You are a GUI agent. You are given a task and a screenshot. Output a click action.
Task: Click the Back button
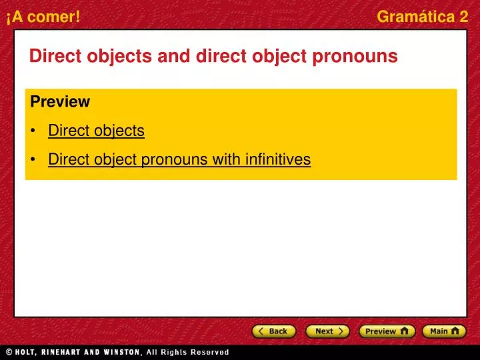pyautogui.click(x=274, y=331)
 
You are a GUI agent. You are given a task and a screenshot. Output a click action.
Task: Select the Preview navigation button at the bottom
pyautogui.click(x=386, y=331)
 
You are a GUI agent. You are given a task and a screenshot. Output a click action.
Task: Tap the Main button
pyautogui.click(x=444, y=331)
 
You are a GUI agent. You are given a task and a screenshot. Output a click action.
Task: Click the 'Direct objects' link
pyautogui.click(x=96, y=131)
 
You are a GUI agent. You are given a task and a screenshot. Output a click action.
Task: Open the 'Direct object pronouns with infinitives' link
pyautogui.click(x=179, y=159)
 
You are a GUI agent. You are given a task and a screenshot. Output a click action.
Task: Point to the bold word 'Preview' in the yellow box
pyautogui.click(x=60, y=102)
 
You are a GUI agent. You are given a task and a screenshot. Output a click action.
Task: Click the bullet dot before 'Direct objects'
pyautogui.click(x=33, y=131)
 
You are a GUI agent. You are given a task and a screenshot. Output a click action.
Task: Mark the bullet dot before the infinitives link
pyautogui.click(x=33, y=160)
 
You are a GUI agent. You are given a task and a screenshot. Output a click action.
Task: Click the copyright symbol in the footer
pyautogui.click(x=9, y=352)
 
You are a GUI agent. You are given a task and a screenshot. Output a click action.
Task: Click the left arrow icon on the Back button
pyautogui.click(x=261, y=331)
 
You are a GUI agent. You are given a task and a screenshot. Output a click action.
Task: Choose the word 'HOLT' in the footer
pyautogui.click(x=29, y=352)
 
